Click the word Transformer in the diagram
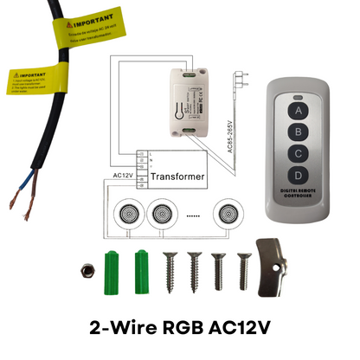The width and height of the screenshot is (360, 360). point(178,177)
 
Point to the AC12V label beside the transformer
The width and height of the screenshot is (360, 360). point(125,173)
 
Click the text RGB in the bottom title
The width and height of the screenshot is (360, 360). point(192,329)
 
